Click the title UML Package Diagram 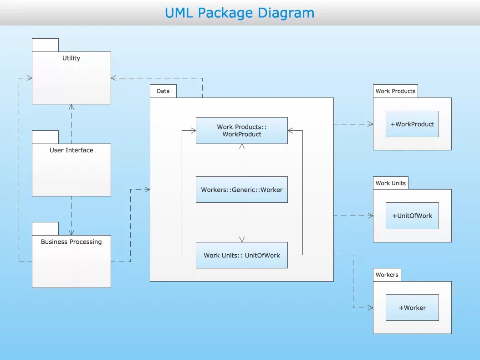[x=240, y=13]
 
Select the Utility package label [x=71, y=58]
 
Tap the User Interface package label [x=71, y=150]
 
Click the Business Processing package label [x=71, y=242]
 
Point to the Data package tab [x=163, y=91]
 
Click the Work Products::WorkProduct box [x=242, y=131]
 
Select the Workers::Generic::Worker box [x=242, y=190]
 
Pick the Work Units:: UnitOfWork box [x=242, y=255]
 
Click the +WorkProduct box [x=412, y=124]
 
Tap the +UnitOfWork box [x=412, y=216]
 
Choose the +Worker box [x=412, y=308]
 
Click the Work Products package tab [x=395, y=91]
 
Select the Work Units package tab [x=390, y=183]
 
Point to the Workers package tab [x=387, y=275]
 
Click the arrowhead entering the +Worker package [x=370, y=308]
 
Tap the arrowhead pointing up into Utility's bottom [x=71, y=107]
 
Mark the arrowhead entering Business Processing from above [x=71, y=232]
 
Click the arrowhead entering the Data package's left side [x=147, y=189]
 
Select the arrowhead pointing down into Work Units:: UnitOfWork [x=242, y=239]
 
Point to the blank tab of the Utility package [x=45, y=45]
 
